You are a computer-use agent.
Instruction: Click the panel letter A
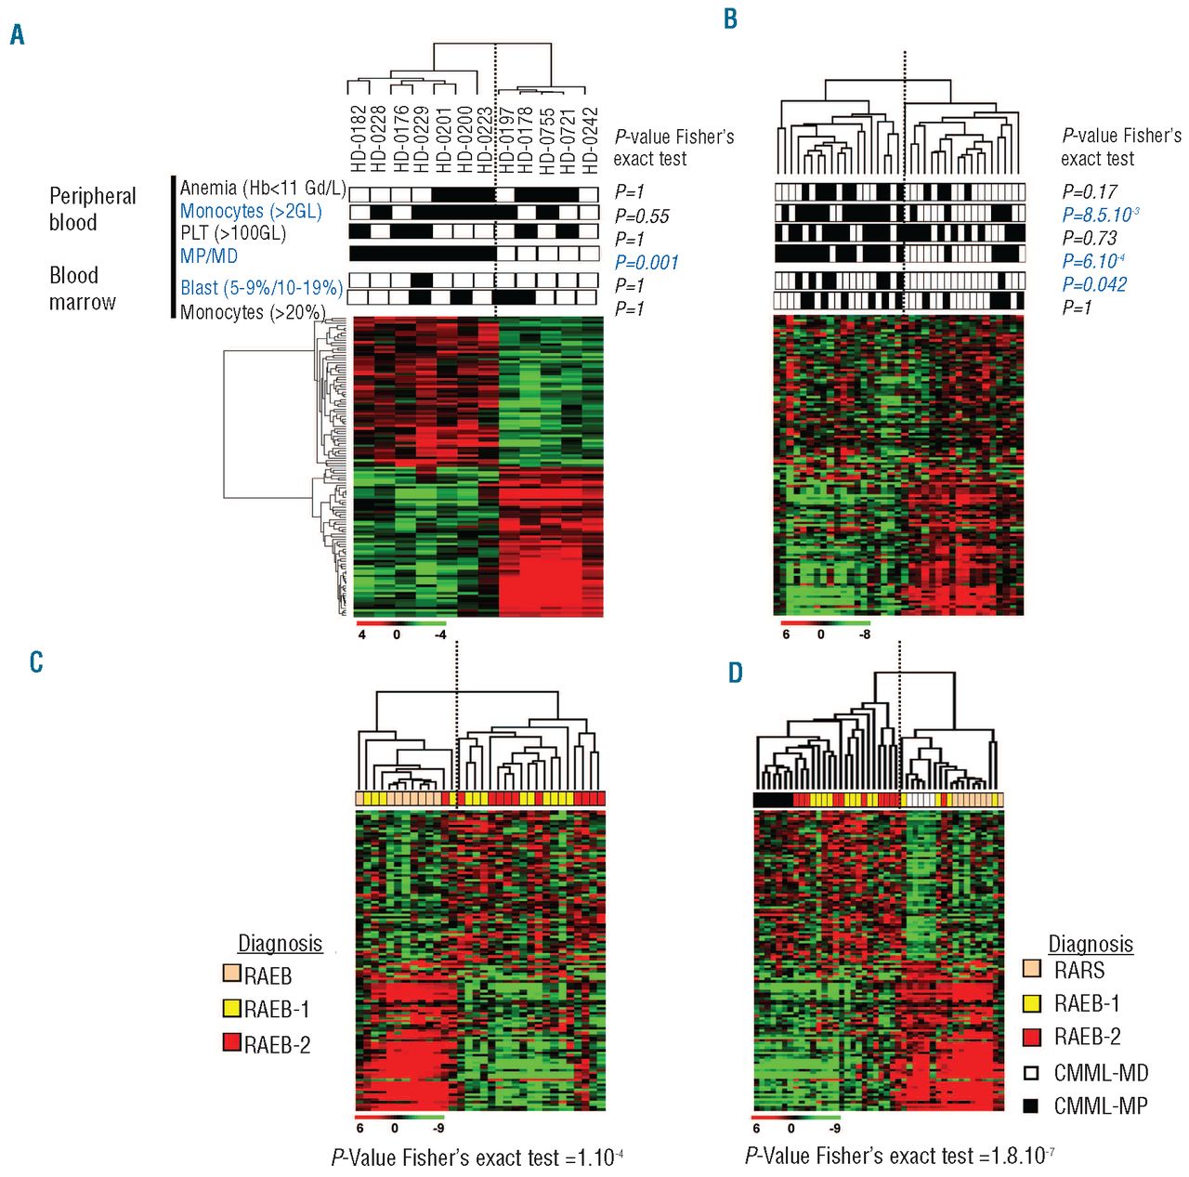[x=18, y=35]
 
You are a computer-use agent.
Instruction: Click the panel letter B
[x=730, y=19]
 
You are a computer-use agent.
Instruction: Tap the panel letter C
[x=36, y=661]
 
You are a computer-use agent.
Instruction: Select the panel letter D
[x=735, y=673]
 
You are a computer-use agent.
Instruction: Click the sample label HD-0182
[x=359, y=139]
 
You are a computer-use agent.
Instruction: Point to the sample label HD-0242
[x=591, y=139]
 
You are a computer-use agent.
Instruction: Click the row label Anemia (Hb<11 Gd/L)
[x=263, y=189]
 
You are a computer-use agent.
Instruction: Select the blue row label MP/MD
[x=209, y=256]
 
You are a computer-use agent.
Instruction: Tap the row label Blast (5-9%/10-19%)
[x=261, y=288]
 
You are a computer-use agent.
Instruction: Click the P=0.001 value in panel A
[x=647, y=263]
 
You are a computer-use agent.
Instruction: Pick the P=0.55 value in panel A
[x=642, y=216]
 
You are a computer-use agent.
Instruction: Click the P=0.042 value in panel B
[x=1094, y=284]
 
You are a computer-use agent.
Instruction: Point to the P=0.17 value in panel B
[x=1090, y=192]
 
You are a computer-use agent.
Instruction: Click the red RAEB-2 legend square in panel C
[x=232, y=1042]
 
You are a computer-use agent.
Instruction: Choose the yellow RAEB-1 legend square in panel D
[x=1031, y=1002]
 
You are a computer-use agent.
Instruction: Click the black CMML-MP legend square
[x=1031, y=1105]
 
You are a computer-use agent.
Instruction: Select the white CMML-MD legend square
[x=1031, y=1072]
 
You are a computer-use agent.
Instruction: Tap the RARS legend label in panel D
[x=1079, y=971]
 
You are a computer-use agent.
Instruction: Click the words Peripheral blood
[x=92, y=209]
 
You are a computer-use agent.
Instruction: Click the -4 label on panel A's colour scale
[x=440, y=635]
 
